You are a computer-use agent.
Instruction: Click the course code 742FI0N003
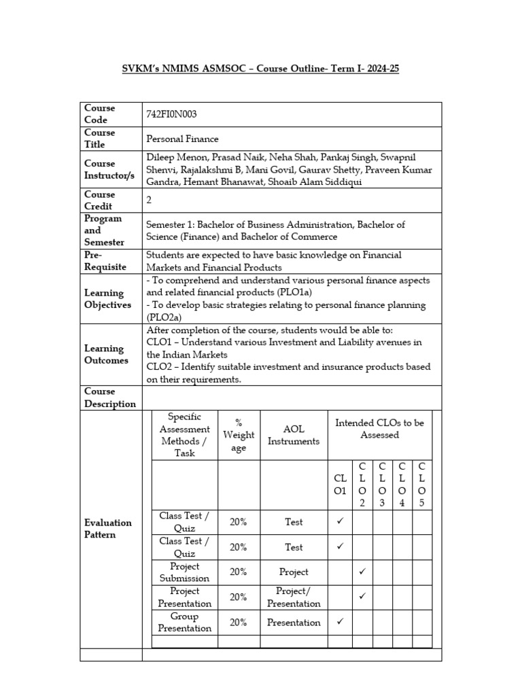pos(172,114)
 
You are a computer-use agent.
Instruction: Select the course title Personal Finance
pos(182,139)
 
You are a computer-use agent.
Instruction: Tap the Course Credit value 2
pos(150,200)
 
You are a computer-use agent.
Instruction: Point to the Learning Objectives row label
pos(107,299)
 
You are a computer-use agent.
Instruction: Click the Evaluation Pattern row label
pos(107,528)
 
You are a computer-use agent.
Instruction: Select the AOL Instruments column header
pos(293,435)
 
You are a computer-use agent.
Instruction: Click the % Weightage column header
pos(239,435)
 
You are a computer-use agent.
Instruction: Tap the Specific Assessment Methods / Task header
pos(184,435)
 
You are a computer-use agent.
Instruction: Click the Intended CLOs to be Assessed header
pos(379,428)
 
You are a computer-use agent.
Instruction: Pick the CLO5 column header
pos(422,485)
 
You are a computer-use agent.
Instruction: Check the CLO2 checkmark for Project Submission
pos(362,572)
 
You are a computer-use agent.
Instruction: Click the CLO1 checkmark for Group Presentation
pos(341,621)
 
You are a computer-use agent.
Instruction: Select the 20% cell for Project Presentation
pos(239,597)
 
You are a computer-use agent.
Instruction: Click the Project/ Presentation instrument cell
pos(293,597)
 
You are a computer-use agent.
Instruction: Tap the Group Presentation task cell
pos(184,622)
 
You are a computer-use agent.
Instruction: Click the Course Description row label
pos(109,398)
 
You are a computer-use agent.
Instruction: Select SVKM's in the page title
pos(141,69)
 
